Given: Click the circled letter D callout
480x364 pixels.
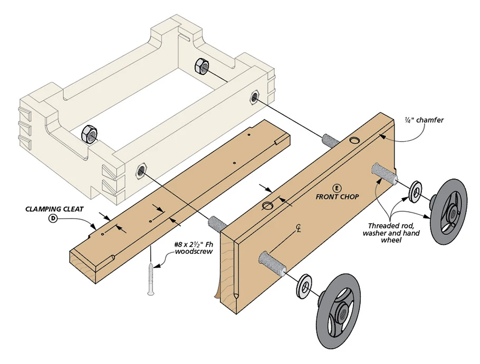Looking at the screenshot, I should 53,218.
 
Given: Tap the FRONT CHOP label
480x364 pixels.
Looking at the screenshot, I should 337,197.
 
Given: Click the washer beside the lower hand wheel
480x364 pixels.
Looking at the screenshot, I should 304,285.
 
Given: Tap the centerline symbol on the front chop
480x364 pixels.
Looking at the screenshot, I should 299,229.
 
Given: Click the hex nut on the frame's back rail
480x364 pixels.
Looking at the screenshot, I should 201,66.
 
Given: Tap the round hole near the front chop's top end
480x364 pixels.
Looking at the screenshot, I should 353,141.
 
